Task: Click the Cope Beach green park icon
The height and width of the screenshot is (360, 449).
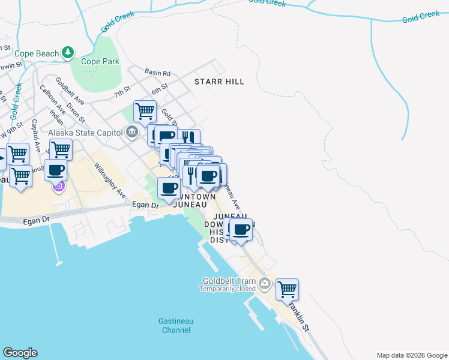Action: pyautogui.click(x=70, y=53)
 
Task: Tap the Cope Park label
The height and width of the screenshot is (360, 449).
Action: pyautogui.click(x=100, y=61)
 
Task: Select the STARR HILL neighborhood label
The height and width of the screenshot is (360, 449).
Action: pyautogui.click(x=219, y=81)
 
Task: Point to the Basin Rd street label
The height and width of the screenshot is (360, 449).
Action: pyautogui.click(x=158, y=72)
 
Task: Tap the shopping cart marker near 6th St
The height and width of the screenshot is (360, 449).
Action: pyautogui.click(x=145, y=111)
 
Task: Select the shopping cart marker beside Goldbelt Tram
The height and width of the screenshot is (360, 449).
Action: pyautogui.click(x=288, y=289)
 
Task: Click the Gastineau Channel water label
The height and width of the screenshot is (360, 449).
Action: pyautogui.click(x=175, y=325)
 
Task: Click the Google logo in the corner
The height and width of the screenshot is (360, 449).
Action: pyautogui.click(x=20, y=353)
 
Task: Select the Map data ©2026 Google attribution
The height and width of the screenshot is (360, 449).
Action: pyautogui.click(x=411, y=355)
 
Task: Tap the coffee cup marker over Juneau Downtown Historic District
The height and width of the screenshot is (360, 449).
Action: pyautogui.click(x=241, y=229)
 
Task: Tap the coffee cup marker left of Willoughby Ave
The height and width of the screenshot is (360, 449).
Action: pyautogui.click(x=56, y=170)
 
